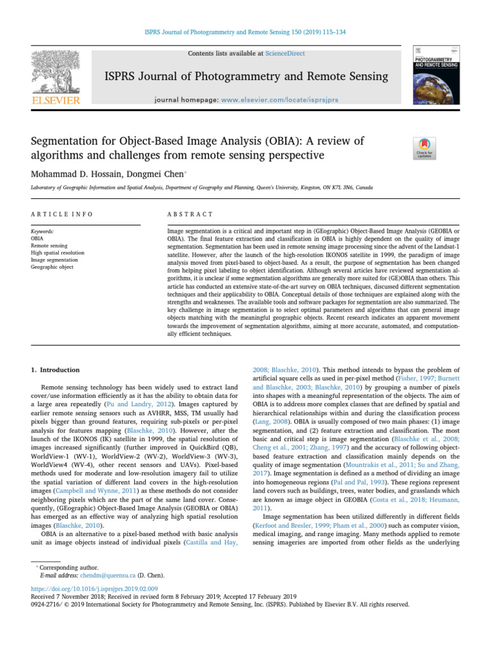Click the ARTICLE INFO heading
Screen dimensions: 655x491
62,214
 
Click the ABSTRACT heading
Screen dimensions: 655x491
190,214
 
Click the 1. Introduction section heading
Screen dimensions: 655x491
56,370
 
